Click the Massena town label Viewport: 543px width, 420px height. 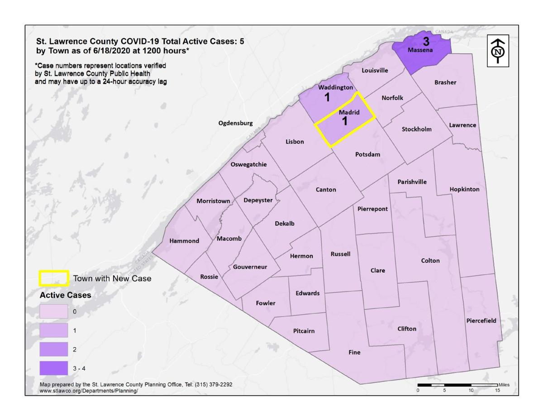421,50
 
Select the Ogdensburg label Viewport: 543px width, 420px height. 236,123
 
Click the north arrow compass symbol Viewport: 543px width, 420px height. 498,50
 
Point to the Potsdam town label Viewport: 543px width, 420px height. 367,154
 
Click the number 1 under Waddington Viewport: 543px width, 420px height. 327,97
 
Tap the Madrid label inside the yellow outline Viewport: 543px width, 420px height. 349,112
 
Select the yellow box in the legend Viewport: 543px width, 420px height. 53,279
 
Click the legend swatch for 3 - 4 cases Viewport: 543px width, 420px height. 53,368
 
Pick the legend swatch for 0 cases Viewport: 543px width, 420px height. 53,311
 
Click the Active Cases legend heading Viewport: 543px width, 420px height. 65,295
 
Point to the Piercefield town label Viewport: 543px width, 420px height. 481,321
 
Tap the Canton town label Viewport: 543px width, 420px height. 326,190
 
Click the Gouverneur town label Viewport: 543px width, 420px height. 250,267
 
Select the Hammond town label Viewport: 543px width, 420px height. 184,241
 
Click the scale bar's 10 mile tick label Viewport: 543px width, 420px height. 471,391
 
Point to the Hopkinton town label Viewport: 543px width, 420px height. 464,189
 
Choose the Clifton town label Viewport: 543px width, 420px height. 406,329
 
